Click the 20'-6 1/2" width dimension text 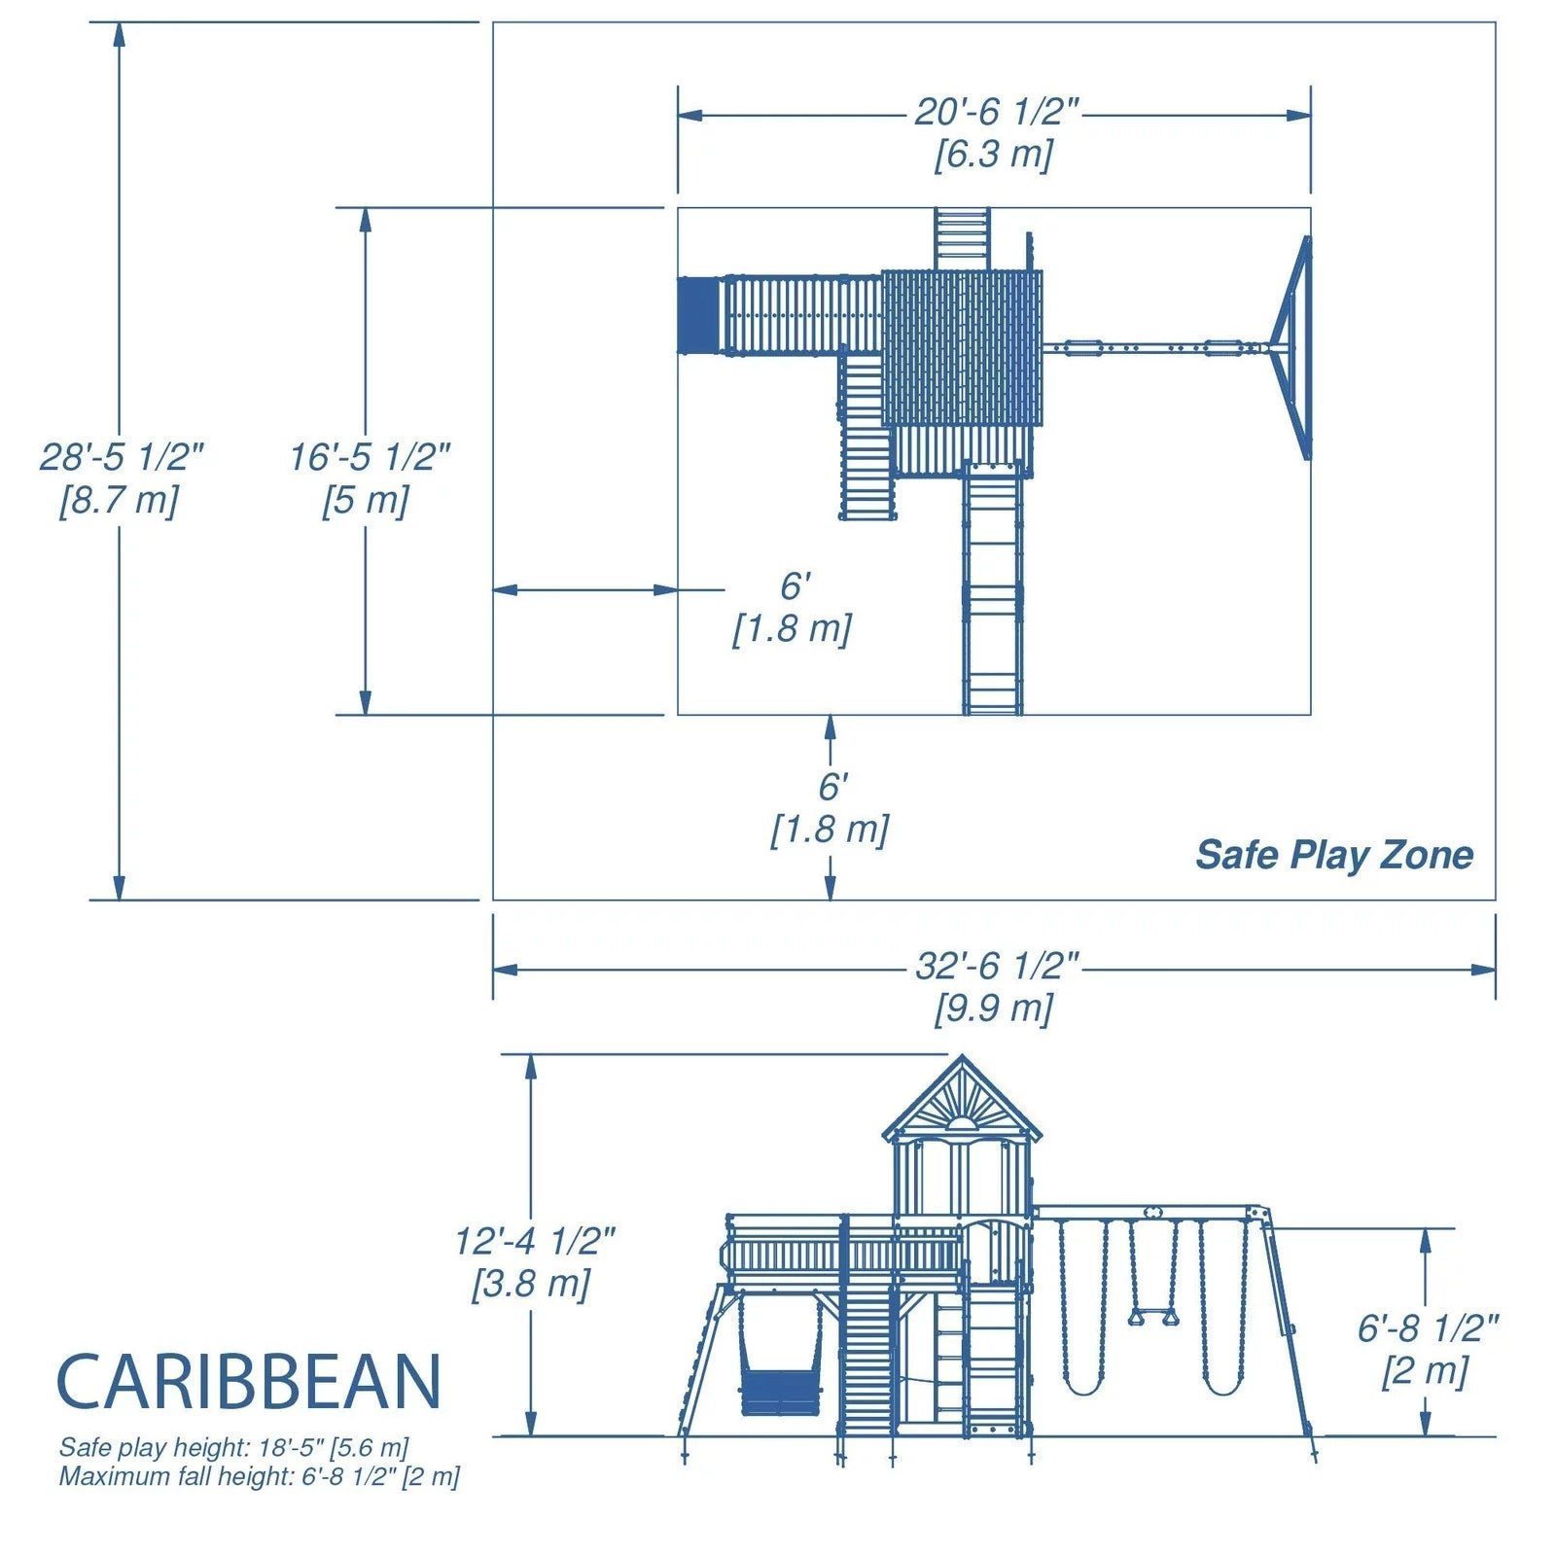(x=996, y=113)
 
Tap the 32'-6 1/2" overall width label (x=996, y=967)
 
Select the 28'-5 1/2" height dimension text (x=121, y=456)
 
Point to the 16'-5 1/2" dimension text (x=370, y=456)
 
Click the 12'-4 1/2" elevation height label (x=534, y=1241)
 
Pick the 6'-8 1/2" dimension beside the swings (x=1428, y=1327)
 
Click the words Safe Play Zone (x=1333, y=855)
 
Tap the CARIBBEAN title (x=249, y=1382)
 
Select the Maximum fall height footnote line (x=259, y=1476)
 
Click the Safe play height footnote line (x=233, y=1447)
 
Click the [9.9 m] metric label (x=993, y=1008)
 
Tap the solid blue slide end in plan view (x=699, y=316)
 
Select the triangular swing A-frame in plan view (x=1293, y=347)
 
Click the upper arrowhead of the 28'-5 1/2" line (x=120, y=33)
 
